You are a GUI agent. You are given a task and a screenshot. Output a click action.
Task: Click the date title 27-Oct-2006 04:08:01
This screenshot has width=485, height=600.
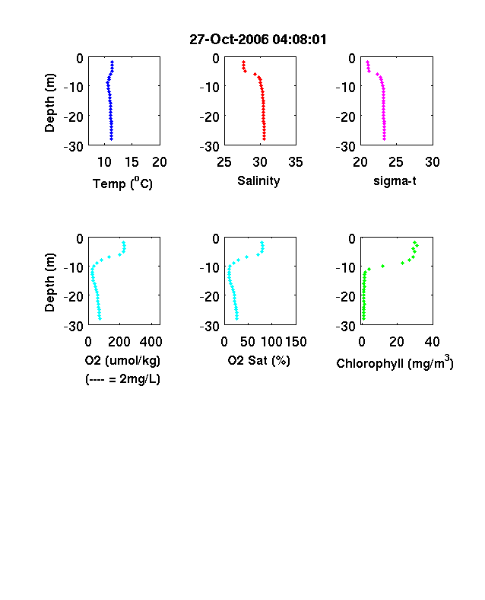pos(258,40)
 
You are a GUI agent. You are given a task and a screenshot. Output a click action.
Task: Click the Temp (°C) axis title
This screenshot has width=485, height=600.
pos(122,184)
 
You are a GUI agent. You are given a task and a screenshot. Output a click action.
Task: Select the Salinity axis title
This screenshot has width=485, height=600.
pos(258,181)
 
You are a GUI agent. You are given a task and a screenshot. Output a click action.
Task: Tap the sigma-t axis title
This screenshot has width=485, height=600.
pos(395,181)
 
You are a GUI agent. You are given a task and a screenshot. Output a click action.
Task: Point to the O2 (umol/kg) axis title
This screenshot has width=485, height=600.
pos(122,361)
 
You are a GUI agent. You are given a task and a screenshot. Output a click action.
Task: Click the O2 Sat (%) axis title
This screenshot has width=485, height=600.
pos(259,361)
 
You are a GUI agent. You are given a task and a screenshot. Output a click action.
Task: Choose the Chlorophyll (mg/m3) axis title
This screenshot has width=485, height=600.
pos(395,362)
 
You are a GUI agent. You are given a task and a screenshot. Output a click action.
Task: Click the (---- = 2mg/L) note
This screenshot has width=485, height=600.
pos(122,379)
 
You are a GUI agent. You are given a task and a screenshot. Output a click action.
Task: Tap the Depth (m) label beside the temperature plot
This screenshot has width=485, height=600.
pos(49,103)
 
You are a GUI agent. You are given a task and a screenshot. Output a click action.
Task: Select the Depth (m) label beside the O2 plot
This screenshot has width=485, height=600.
pos(49,282)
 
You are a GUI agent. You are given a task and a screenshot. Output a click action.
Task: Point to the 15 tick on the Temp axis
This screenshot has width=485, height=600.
pos(132,162)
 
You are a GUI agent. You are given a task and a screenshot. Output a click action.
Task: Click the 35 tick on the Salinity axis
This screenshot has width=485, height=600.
pos(296,162)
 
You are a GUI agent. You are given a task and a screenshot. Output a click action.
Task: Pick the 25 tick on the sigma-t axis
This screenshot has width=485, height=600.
pos(395,162)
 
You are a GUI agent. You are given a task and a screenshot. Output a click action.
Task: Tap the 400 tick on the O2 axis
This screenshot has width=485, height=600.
pos(151,342)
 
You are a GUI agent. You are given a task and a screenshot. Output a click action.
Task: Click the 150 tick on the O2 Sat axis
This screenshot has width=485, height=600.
pos(296,342)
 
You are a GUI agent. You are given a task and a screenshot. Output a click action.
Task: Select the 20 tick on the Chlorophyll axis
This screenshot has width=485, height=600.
pos(397,342)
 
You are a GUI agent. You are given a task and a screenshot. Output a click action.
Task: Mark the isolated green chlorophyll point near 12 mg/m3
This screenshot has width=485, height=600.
pos(382,266)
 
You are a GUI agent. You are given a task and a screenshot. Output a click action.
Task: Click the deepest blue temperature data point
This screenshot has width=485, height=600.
pos(112,139)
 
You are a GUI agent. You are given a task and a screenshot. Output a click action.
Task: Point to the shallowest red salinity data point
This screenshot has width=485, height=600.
pos(243,62)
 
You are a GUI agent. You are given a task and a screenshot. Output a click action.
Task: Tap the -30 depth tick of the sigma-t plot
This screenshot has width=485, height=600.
pos(346,146)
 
